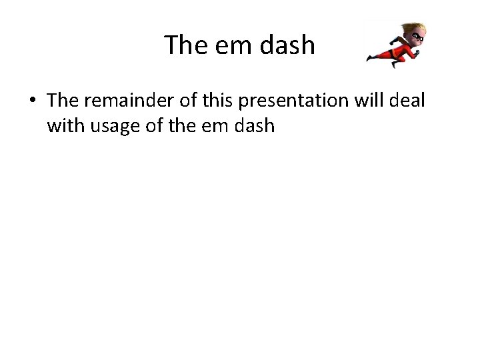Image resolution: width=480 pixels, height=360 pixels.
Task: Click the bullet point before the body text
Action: pos(33,101)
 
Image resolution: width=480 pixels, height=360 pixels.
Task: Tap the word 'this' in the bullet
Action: pos(219,100)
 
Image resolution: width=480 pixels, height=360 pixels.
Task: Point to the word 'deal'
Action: pos(405,100)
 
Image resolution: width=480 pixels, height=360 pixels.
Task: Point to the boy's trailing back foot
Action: pos(370,59)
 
